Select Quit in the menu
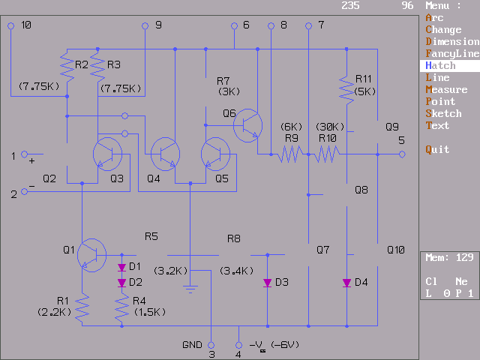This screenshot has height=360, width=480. click(x=438, y=149)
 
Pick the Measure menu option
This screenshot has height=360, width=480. click(x=447, y=89)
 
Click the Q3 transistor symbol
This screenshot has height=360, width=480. click(x=107, y=153)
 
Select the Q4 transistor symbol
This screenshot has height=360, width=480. click(x=165, y=153)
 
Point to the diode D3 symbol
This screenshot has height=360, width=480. click(x=267, y=283)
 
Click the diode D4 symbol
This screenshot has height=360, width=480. click(x=346, y=283)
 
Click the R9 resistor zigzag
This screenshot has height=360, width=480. click(x=289, y=154)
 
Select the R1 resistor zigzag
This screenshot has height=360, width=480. click(x=82, y=306)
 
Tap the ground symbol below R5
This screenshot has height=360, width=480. click(x=190, y=286)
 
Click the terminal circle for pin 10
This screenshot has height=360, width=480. click(x=11, y=25)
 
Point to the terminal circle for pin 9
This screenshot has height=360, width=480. click(x=145, y=25)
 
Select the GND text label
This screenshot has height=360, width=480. click(x=192, y=345)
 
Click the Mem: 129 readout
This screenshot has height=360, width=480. click(x=448, y=257)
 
